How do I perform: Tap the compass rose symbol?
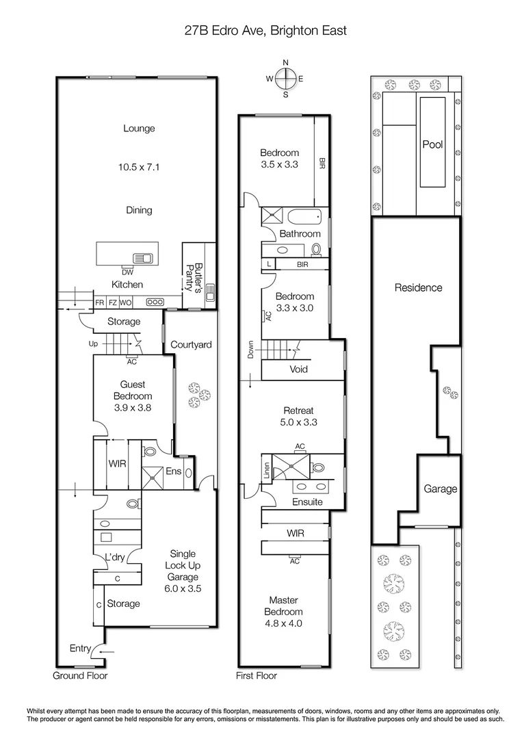(x=286, y=79)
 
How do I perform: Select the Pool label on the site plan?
(x=432, y=145)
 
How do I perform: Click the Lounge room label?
(x=139, y=128)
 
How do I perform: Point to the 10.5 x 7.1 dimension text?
(x=139, y=166)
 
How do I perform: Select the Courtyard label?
(x=190, y=345)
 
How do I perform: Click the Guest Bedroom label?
(x=131, y=396)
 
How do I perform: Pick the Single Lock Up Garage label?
(x=183, y=571)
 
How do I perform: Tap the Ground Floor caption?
(x=80, y=676)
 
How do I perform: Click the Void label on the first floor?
(x=299, y=369)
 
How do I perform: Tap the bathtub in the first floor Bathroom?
(x=303, y=218)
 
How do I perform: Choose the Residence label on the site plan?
(x=418, y=288)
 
